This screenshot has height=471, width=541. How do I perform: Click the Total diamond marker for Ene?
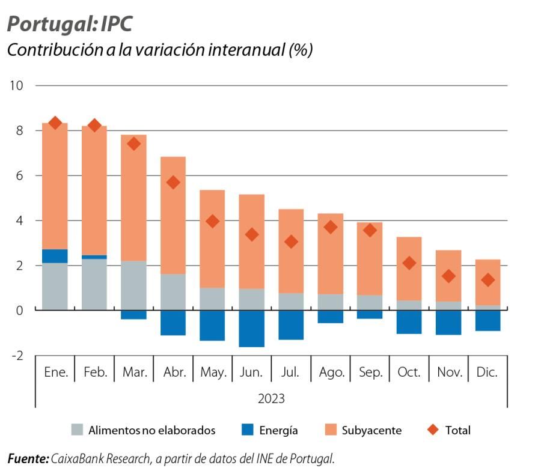point(55,123)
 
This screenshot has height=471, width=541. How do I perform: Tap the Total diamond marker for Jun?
point(252,234)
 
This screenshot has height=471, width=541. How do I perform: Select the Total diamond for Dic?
point(488,280)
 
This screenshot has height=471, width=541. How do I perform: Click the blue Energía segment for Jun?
point(252,329)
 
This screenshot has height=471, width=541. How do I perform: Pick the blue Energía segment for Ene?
point(55,256)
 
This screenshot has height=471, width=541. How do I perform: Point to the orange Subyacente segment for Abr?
point(173,215)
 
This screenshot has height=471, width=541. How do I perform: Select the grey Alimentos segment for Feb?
point(94,285)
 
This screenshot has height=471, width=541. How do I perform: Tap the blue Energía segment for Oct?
point(409,322)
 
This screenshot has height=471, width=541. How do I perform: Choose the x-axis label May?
point(212,372)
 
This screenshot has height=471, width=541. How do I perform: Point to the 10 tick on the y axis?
point(16,85)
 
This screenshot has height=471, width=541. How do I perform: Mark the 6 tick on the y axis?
point(19,175)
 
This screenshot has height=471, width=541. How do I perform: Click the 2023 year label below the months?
point(271,399)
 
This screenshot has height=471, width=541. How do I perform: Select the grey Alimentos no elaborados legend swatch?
point(77,430)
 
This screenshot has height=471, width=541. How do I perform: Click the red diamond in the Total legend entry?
point(432,430)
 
